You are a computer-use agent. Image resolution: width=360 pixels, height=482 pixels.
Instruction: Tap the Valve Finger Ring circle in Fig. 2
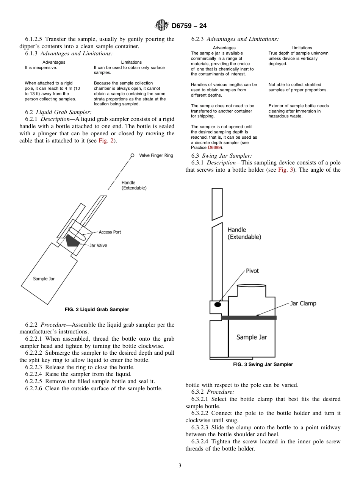click(x=132, y=155)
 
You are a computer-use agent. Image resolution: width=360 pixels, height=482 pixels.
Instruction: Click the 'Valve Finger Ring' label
click(x=156, y=155)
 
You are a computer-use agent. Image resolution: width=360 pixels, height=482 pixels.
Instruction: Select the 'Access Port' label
click(x=110, y=232)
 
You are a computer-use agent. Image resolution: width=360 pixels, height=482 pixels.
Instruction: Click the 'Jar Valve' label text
click(x=98, y=246)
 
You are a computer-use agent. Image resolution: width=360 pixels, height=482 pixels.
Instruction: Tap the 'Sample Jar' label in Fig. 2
click(x=44, y=279)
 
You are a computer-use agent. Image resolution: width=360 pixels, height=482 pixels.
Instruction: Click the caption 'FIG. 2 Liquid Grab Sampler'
click(x=97, y=310)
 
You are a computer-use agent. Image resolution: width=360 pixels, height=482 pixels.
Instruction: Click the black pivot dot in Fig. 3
click(x=218, y=305)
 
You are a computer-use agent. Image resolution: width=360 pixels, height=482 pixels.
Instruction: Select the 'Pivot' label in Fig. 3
click(x=252, y=271)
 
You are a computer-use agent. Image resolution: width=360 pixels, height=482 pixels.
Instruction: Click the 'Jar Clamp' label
click(x=303, y=304)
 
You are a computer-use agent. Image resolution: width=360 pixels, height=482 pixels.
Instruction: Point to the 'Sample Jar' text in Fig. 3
click(x=252, y=337)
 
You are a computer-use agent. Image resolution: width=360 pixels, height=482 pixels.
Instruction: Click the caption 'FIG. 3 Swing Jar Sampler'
click(x=263, y=365)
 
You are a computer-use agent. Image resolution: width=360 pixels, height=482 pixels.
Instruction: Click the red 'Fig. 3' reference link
click(x=286, y=170)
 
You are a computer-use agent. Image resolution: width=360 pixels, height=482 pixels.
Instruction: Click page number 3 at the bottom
click(x=180, y=466)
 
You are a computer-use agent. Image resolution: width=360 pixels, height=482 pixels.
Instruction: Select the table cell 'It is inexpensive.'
click(x=41, y=67)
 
